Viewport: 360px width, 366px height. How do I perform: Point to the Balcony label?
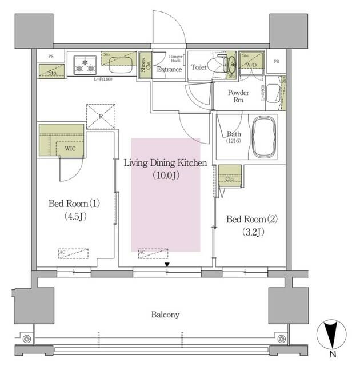[x=166, y=315]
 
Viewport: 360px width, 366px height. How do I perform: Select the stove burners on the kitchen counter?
[x=85, y=65]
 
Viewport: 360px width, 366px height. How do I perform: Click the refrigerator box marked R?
[x=101, y=116]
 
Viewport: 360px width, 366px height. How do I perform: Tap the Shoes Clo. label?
[x=143, y=66]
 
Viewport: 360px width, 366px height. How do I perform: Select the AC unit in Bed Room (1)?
[x=73, y=253]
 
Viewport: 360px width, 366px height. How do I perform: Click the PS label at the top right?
[x=276, y=61]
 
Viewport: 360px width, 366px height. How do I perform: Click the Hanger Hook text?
[x=176, y=59]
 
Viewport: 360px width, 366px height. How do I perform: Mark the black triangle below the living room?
[x=167, y=264]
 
